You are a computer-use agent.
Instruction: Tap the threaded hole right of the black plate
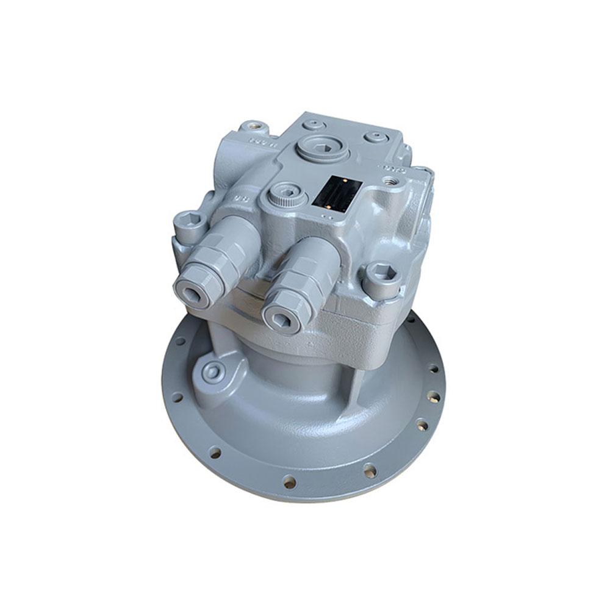386,181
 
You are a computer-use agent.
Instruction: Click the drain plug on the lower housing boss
212,370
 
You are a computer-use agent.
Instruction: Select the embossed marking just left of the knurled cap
242,199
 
